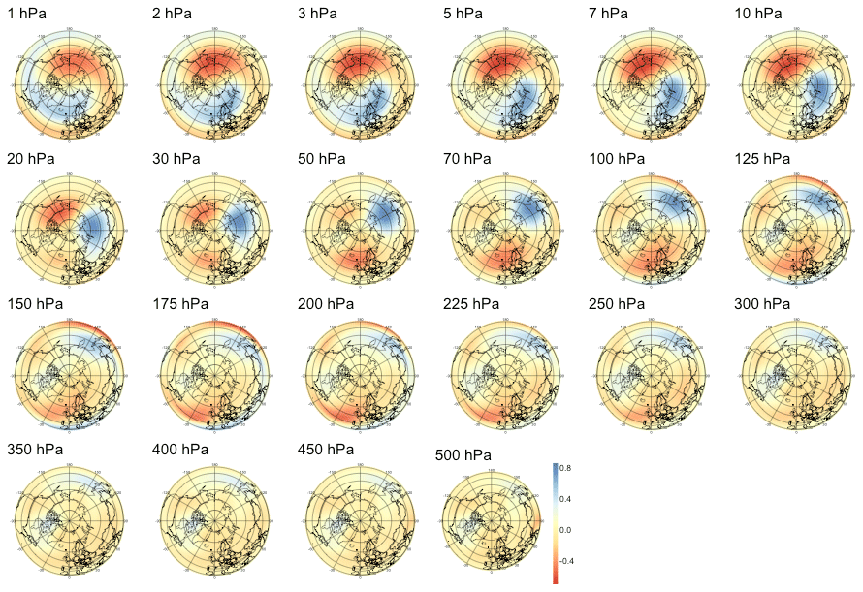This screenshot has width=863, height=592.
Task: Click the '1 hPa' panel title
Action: (26, 14)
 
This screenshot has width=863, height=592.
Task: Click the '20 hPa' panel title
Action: (30, 159)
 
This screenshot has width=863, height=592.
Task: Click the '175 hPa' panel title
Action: (179, 304)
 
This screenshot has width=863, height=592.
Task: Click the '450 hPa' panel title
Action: (325, 450)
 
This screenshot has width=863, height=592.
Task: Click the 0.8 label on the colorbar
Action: (563, 468)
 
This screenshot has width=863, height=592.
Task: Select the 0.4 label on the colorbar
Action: (563, 499)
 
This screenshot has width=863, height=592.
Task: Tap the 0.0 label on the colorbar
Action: (563, 530)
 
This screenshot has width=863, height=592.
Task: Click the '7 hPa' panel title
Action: (608, 14)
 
